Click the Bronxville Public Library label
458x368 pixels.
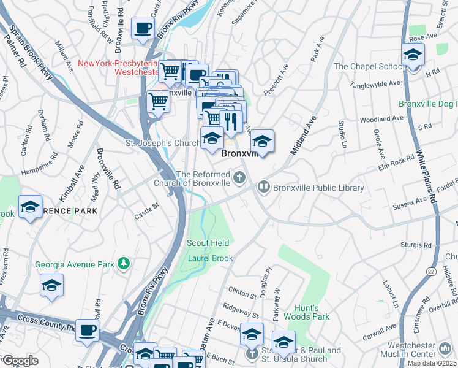(318, 188)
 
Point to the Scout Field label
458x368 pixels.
(208, 243)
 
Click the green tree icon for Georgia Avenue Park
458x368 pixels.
(124, 264)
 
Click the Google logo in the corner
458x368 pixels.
(20, 361)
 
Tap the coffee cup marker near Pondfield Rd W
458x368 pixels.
(143, 28)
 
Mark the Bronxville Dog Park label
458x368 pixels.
(427, 104)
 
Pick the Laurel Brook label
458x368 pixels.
(209, 258)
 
